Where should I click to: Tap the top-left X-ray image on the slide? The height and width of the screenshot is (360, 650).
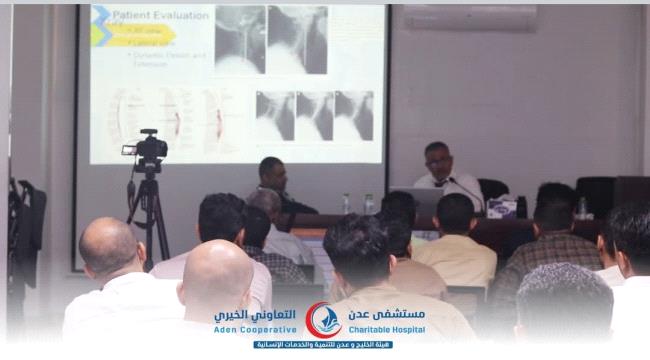coord(240,40)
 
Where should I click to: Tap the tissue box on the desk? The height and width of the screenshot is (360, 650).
coord(500,207)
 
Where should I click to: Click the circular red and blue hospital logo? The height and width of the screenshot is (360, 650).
coord(323,320)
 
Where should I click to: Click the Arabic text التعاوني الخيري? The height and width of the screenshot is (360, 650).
coord(255,314)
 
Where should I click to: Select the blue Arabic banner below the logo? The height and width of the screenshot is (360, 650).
coord(322,345)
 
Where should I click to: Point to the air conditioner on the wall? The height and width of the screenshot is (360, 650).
coord(469,17)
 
